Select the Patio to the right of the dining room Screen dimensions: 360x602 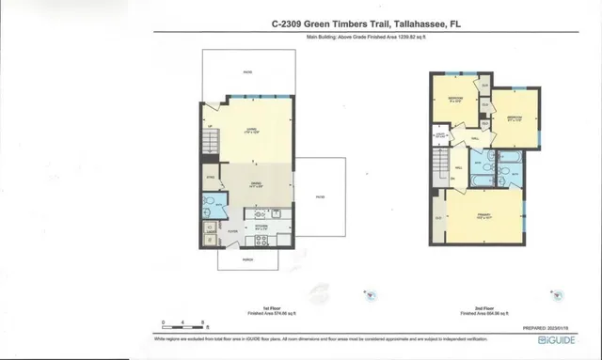click(x=319, y=196)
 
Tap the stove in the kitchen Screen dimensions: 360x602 click(x=261, y=236)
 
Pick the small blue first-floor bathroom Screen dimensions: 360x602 click(x=209, y=206)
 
